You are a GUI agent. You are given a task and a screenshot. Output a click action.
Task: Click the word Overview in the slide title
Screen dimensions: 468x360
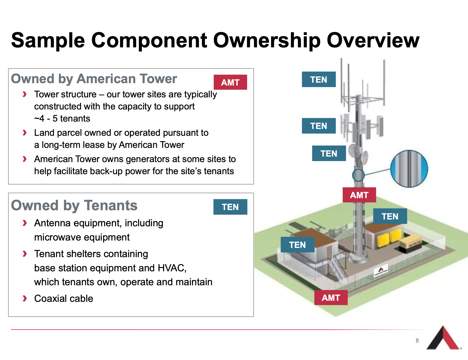pos(373,40)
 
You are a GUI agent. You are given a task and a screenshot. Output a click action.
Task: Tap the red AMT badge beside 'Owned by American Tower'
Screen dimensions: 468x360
pos(230,82)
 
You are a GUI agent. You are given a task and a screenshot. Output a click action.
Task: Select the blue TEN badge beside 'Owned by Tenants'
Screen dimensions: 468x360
pos(230,207)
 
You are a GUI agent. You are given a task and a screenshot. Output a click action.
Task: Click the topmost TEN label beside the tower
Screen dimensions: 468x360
pos(319,79)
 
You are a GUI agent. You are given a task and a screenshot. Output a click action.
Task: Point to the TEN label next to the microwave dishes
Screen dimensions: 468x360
pos(329,153)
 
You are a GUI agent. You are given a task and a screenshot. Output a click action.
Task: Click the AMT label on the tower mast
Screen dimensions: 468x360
pos(359,195)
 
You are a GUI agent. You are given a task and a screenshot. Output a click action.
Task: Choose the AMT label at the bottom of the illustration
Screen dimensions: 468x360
pos(331,298)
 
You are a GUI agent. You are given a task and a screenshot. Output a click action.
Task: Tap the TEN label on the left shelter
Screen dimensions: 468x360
pos(298,245)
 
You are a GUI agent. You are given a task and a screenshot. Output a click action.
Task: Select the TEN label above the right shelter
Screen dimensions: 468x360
pos(390,216)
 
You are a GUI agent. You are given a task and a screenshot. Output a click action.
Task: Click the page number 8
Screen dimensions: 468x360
pos(417,341)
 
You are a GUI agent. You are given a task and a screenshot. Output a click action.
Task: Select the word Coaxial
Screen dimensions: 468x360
pos(50,298)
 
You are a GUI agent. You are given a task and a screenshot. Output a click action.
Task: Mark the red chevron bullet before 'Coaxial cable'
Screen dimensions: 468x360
pos(25,298)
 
